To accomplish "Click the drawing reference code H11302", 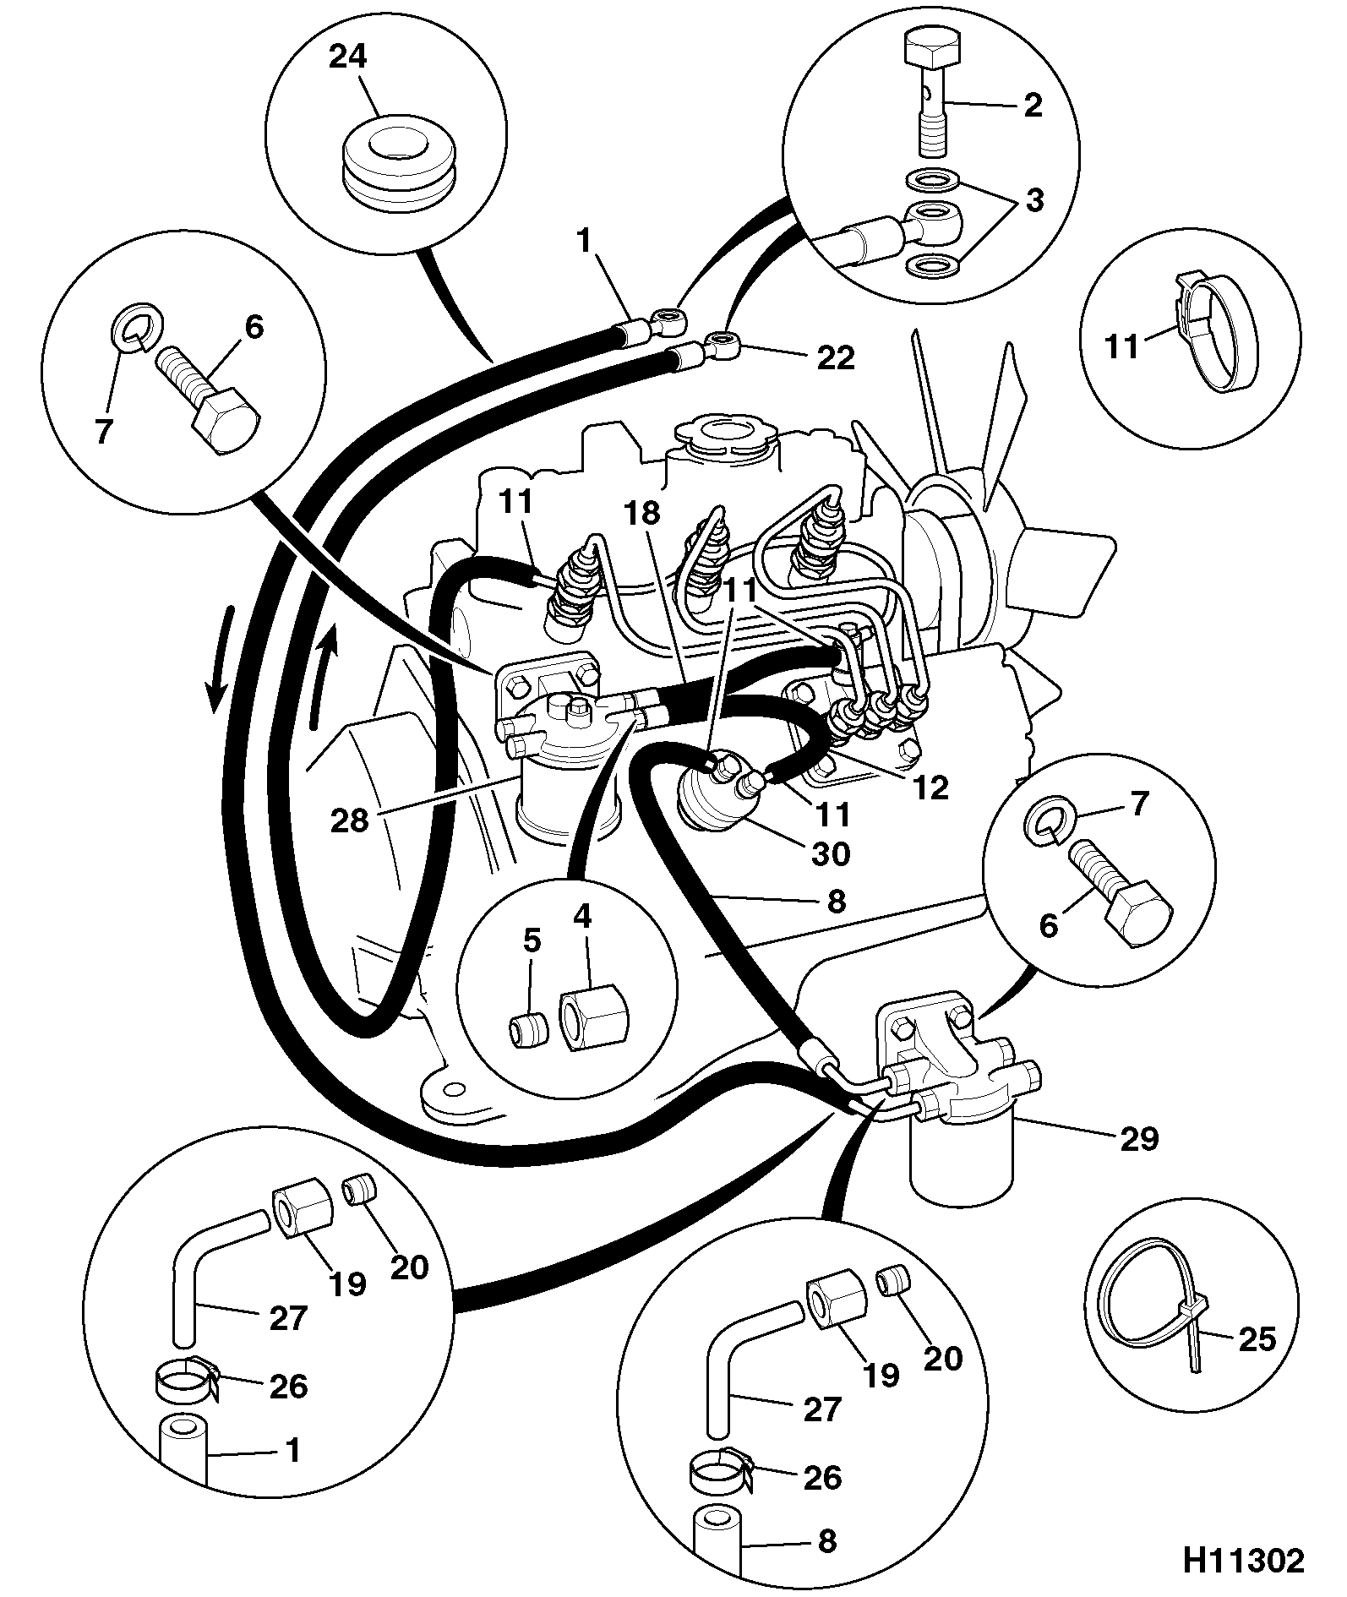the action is [1241, 1562].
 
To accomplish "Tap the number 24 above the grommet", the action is [348, 57].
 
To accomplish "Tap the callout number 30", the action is [830, 853].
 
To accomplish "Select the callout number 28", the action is [350, 820].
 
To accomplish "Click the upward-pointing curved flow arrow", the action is [324, 674].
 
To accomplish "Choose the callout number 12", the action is [931, 787].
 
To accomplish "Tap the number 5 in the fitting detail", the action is [532, 940].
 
